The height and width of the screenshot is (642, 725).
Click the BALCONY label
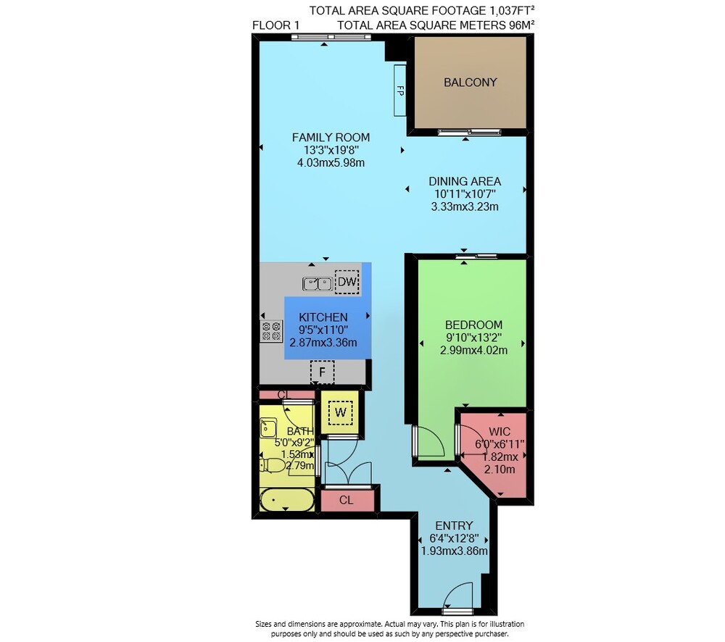pyautogui.click(x=471, y=83)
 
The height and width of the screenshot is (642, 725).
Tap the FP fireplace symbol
pyautogui.click(x=400, y=91)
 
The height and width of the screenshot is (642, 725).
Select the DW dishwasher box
pyautogui.click(x=347, y=281)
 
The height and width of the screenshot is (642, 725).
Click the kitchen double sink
pyautogui.click(x=318, y=283)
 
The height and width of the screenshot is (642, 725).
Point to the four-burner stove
pyautogui.click(x=271, y=331)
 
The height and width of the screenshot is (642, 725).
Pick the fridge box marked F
pyautogui.click(x=323, y=372)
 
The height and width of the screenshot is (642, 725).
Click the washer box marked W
pyautogui.click(x=340, y=413)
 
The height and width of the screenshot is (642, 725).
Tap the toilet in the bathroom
pyautogui.click(x=273, y=465)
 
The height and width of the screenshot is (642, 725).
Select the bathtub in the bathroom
pyautogui.click(x=287, y=500)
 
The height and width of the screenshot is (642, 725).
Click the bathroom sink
pyautogui.click(x=268, y=428)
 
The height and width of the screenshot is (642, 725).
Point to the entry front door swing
pyautogui.click(x=457, y=596)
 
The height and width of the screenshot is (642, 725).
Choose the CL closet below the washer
pyautogui.click(x=346, y=500)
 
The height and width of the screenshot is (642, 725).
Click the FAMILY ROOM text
pyautogui.click(x=331, y=137)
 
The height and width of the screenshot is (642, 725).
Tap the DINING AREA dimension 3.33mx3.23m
pyautogui.click(x=465, y=207)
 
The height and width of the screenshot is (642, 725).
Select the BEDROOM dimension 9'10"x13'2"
pyautogui.click(x=473, y=338)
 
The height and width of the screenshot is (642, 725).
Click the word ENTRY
pyautogui.click(x=454, y=525)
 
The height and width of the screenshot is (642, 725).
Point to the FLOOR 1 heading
pyautogui.click(x=276, y=25)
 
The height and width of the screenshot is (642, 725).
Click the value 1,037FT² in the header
pyautogui.click(x=513, y=10)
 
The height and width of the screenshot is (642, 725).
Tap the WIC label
pyautogui.click(x=500, y=432)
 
